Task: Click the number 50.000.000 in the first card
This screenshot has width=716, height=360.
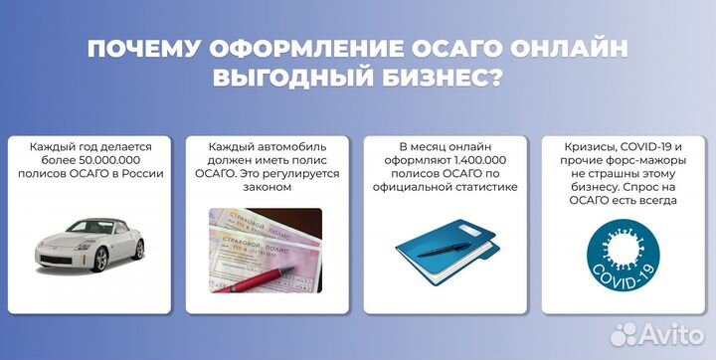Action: (110, 158)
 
